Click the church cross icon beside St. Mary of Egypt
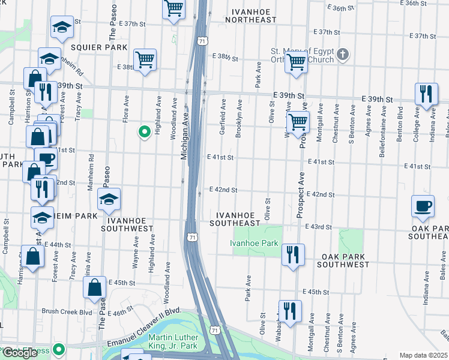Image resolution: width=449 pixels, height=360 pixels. pos(343,55)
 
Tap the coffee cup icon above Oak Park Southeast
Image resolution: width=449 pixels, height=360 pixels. pos(423,206)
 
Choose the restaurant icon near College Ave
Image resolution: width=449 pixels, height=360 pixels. pos(426,94)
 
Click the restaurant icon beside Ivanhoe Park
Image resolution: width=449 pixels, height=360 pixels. pos(293,254)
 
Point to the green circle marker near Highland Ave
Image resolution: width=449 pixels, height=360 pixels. pos(144,132)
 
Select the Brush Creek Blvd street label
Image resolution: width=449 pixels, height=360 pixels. pos(67,312)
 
